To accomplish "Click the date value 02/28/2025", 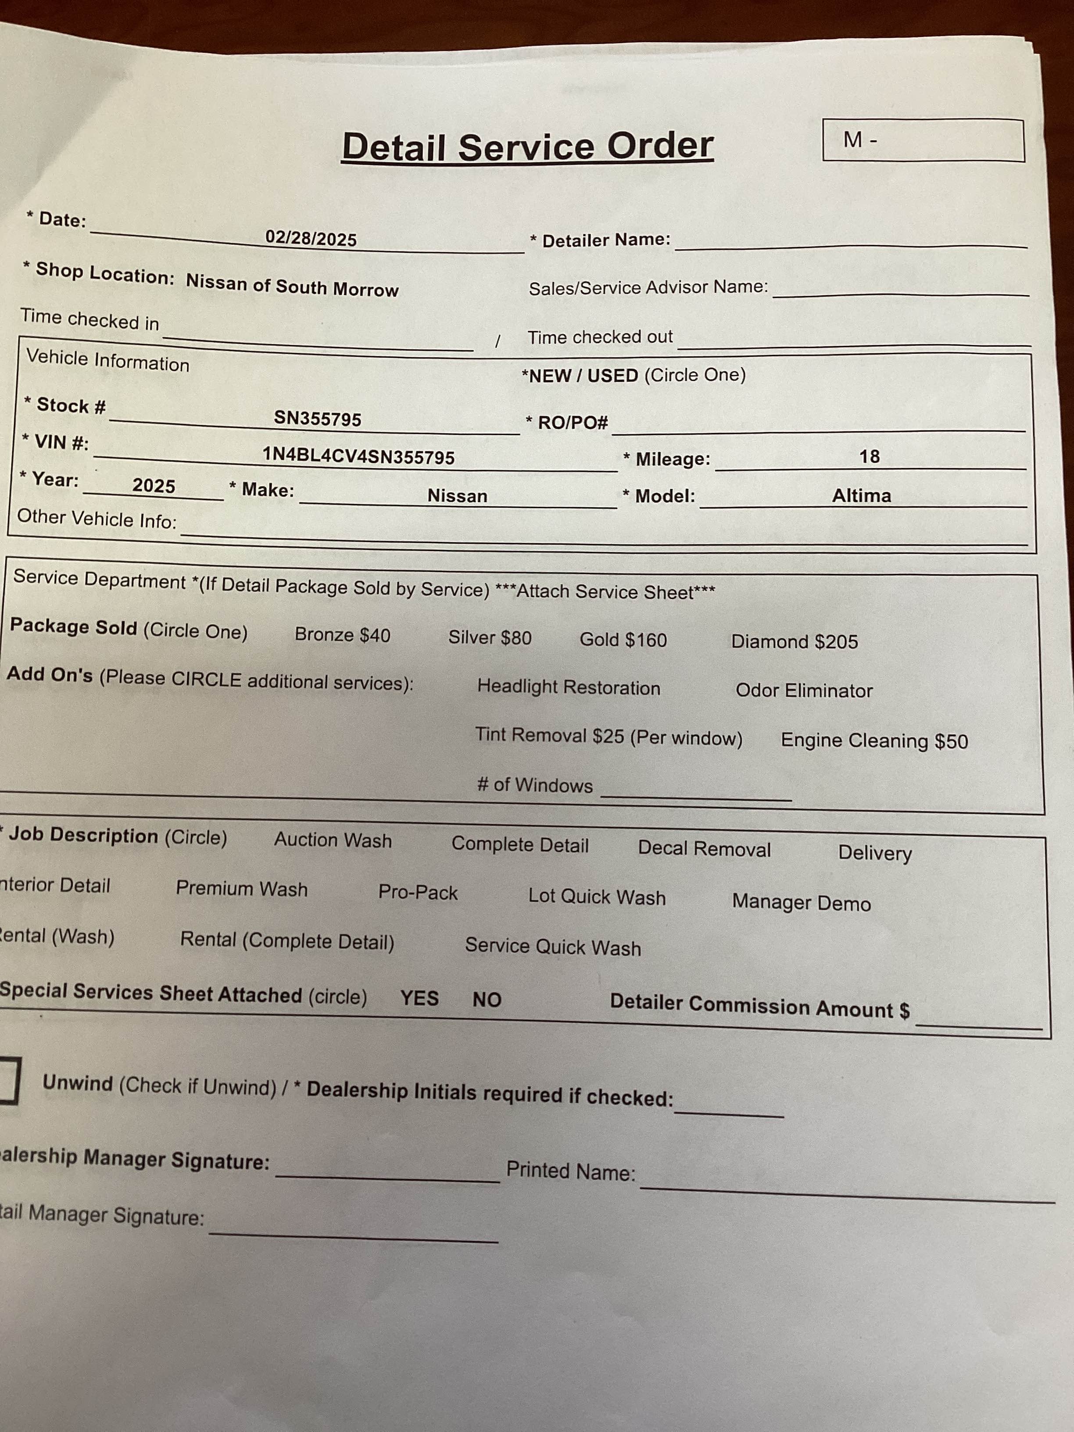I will tap(311, 239).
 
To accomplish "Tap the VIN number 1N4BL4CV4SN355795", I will tap(358, 456).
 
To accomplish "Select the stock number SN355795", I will tap(317, 419).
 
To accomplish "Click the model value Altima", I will tap(861, 496).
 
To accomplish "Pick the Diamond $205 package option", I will tap(795, 641).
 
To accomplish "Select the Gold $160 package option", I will tap(623, 640).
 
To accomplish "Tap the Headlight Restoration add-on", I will tap(569, 687).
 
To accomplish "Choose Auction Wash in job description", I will tap(333, 840).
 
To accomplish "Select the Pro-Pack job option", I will tap(418, 893).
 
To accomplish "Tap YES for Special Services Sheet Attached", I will tap(419, 998).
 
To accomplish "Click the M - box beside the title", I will tap(923, 140).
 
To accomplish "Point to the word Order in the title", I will tap(660, 146).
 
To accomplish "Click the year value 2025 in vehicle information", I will tap(154, 486).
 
